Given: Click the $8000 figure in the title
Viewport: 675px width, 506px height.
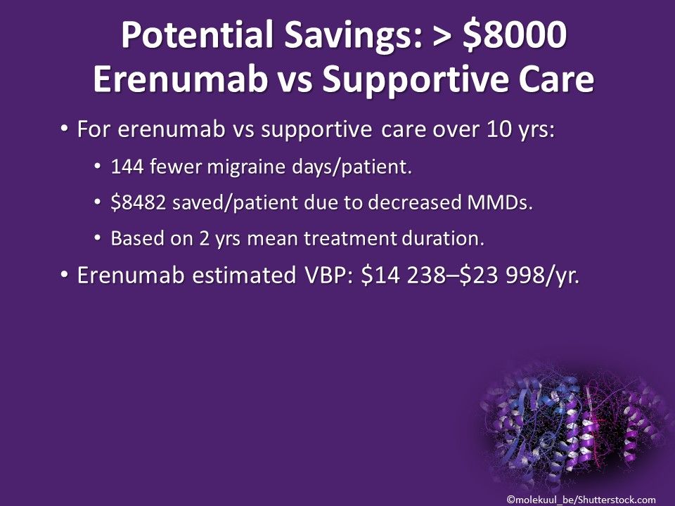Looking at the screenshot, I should pos(513,36).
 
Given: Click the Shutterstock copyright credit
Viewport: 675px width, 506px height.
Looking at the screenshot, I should pos(581,498).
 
